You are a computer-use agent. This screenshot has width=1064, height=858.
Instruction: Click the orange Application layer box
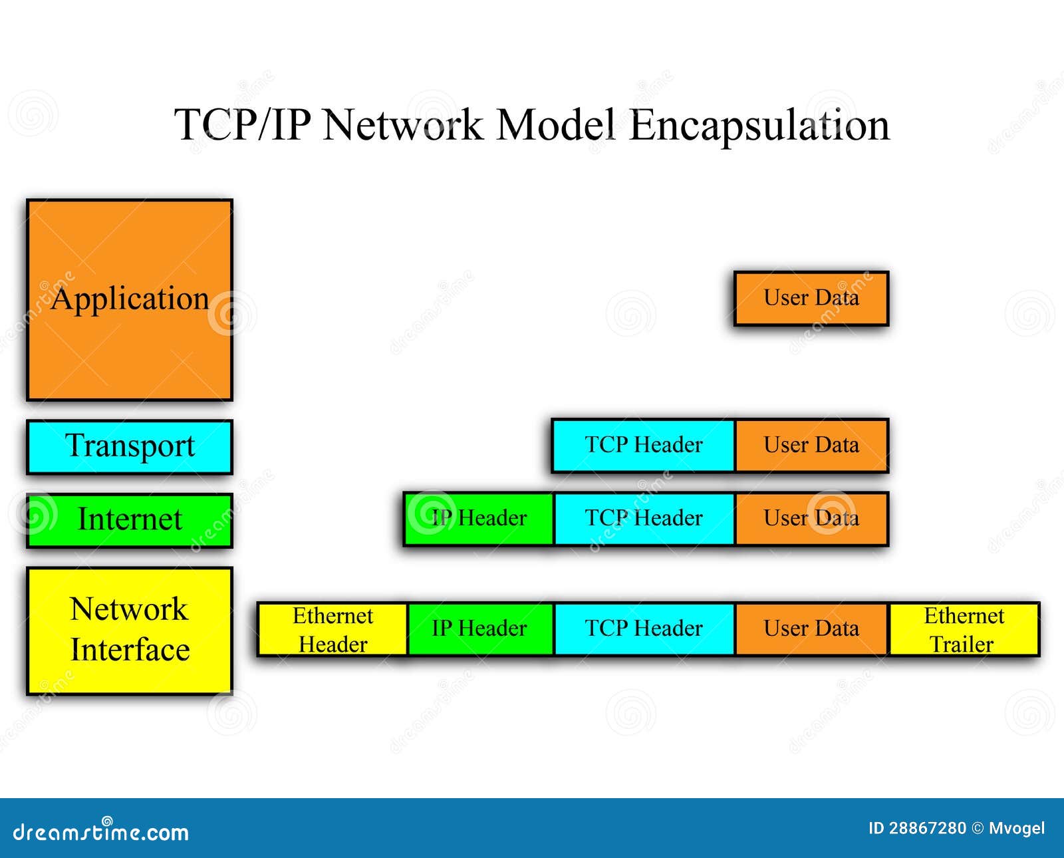[130, 299]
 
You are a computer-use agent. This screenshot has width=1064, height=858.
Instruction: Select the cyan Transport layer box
[130, 446]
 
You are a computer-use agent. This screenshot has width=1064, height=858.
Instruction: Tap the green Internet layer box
[130, 520]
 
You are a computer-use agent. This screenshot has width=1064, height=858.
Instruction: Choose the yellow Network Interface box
[130, 630]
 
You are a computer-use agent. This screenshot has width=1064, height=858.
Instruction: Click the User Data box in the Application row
[811, 298]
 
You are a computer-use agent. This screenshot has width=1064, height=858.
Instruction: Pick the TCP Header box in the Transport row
[643, 445]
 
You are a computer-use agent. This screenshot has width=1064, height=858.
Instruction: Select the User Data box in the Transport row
[811, 445]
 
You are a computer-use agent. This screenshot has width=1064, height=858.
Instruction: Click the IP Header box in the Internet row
[478, 518]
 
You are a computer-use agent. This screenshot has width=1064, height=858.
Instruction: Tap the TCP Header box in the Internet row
[643, 518]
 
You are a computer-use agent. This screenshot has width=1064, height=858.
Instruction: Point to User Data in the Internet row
[811, 518]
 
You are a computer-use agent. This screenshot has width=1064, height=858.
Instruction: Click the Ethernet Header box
[332, 629]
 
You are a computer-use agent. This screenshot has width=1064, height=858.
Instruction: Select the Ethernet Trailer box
[963, 629]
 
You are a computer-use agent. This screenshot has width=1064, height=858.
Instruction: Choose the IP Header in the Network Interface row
[479, 629]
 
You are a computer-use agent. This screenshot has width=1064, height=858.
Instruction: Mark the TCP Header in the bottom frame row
[643, 629]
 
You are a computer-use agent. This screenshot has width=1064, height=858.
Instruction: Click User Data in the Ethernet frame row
[811, 629]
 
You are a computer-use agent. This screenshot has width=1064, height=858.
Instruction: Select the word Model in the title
[556, 125]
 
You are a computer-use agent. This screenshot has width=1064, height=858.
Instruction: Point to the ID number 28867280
[927, 828]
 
